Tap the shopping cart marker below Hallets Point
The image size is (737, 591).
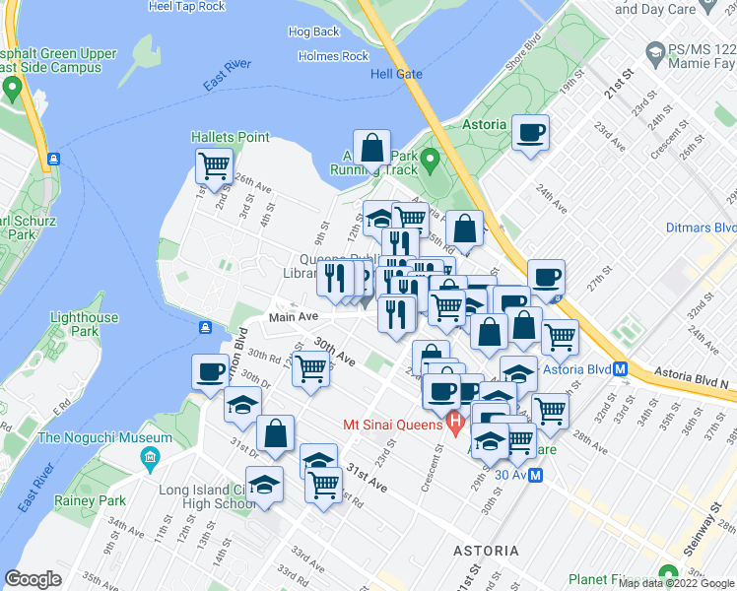coord(214,167)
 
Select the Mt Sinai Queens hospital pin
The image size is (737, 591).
coord(454,425)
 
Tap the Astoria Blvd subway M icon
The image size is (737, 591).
coord(621,369)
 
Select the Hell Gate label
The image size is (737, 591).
coord(395,74)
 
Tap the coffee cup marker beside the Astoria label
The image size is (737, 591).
coord(530,133)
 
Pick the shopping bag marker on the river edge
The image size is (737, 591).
coord(372,149)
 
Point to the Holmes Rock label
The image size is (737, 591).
coord(333,56)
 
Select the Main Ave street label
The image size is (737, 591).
coord(294,317)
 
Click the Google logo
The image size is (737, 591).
coord(33,580)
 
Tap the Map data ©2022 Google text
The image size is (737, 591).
coord(676,583)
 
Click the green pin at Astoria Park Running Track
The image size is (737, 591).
coord(430,158)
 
